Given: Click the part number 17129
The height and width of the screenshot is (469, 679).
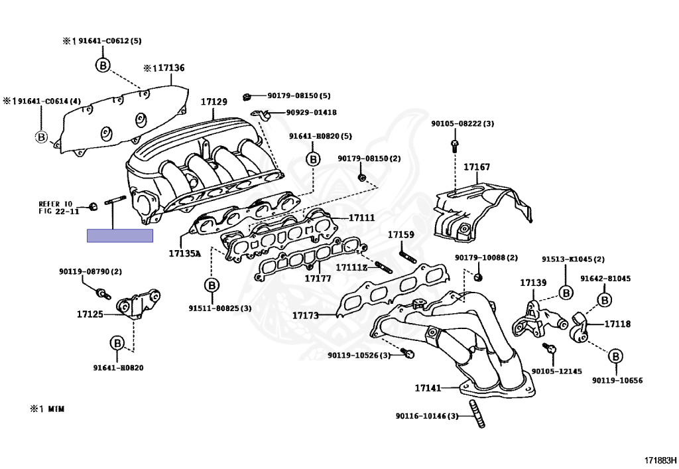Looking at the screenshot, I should [x=214, y=101].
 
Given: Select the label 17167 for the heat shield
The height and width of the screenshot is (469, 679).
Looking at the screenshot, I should [x=477, y=167].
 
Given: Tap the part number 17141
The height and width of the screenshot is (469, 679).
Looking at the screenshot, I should [x=428, y=387].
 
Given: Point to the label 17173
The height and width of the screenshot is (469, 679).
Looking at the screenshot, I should [x=306, y=315].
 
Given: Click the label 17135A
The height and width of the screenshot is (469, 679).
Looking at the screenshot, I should [x=184, y=253].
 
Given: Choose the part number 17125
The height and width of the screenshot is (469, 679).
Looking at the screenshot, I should [x=90, y=314].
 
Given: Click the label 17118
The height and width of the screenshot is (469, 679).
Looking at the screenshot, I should [x=617, y=324].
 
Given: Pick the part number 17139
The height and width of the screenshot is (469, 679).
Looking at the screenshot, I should [x=532, y=283].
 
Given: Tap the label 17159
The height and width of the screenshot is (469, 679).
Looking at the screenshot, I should [x=401, y=235].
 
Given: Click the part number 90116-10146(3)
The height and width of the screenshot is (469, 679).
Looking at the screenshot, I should [x=427, y=416].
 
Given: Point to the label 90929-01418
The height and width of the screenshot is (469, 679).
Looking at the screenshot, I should [x=311, y=112].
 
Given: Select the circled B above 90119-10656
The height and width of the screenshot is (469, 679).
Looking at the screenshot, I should [x=615, y=356].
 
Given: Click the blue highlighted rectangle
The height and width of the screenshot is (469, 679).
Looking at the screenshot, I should [x=120, y=235].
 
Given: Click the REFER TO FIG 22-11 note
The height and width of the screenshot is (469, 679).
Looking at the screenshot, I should [x=58, y=207].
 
